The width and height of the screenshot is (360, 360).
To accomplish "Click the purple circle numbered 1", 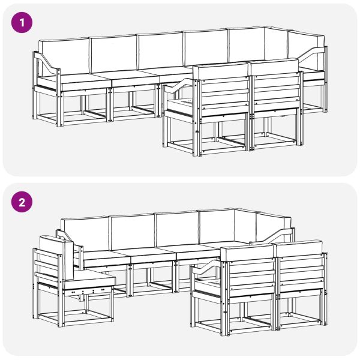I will pyautogui.click(x=22, y=23).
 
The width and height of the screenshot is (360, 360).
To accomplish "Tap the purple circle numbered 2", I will pyautogui.click(x=22, y=202).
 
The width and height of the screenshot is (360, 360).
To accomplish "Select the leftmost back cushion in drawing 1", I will pyautogui.click(x=64, y=56).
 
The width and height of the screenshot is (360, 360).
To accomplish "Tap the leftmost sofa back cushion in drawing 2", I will pyautogui.click(x=84, y=234).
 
